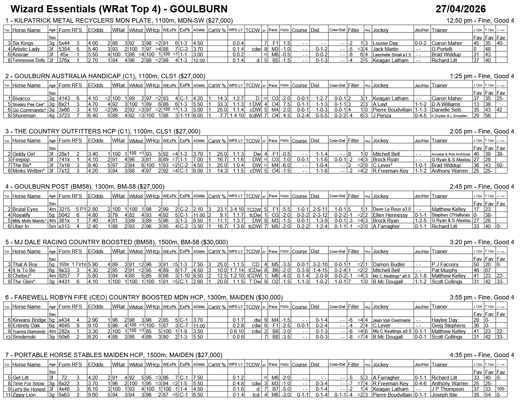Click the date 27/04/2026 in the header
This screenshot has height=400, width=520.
coord(460,9)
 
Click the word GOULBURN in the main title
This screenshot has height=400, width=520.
coord(199,9)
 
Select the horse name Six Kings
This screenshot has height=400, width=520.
coord(23,43)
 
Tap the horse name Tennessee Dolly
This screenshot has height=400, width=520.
coord(29,60)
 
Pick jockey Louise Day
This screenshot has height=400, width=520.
coord(385,43)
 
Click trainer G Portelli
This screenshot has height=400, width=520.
coord(442,49)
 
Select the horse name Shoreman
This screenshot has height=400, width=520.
coord(24,116)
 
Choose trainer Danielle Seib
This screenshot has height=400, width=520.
coord(446,110)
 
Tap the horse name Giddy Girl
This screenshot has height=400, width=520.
coord(24,154)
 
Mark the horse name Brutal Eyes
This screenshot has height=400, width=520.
coord(25,209)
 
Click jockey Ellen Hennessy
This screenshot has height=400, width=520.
coord(390,215)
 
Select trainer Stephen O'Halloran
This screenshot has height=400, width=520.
coord(450,215)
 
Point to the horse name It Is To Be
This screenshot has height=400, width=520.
coord(24,270)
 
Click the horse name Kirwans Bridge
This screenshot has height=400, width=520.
coord(29,320)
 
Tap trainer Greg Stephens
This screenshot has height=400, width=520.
coord(448,326)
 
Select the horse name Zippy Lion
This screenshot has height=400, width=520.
coord(24,395)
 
